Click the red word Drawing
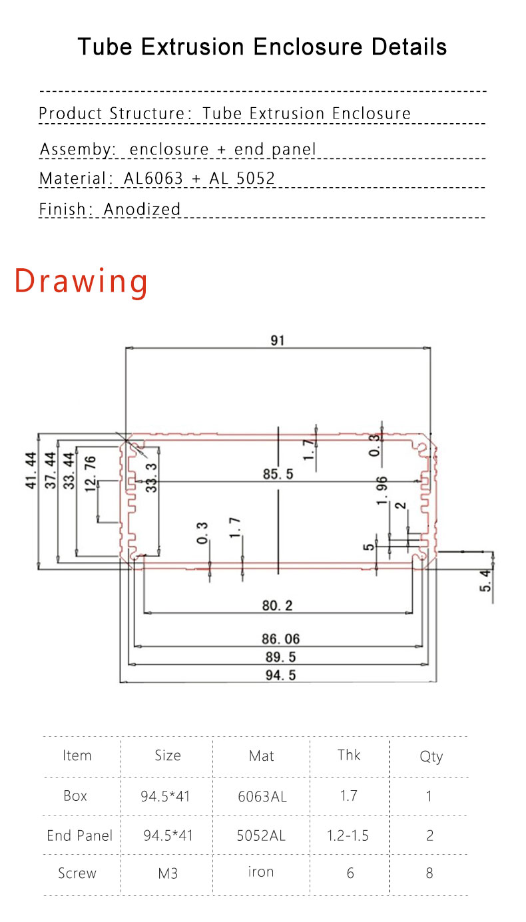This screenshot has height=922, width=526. (x=81, y=281)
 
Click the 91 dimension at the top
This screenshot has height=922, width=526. (x=278, y=340)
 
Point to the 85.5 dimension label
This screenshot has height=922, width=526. (x=278, y=474)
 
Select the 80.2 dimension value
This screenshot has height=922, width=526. (x=278, y=605)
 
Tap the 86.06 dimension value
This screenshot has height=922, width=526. (x=280, y=639)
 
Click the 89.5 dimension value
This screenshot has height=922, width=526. (x=279, y=657)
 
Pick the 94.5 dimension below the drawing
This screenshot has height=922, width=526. (x=279, y=675)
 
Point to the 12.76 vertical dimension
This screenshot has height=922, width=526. (x=91, y=473)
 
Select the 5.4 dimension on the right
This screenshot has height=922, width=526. (x=487, y=580)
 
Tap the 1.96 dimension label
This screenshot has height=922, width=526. (x=382, y=491)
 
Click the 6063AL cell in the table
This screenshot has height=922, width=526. (x=262, y=796)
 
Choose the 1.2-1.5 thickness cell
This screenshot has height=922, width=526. (x=348, y=835)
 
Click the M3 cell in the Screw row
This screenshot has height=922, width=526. (x=168, y=873)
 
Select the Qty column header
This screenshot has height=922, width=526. (x=431, y=756)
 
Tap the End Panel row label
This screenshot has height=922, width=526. (x=79, y=835)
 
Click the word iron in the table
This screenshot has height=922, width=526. (x=261, y=872)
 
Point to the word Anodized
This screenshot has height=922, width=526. (x=142, y=209)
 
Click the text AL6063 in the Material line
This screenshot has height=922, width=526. (x=153, y=178)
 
